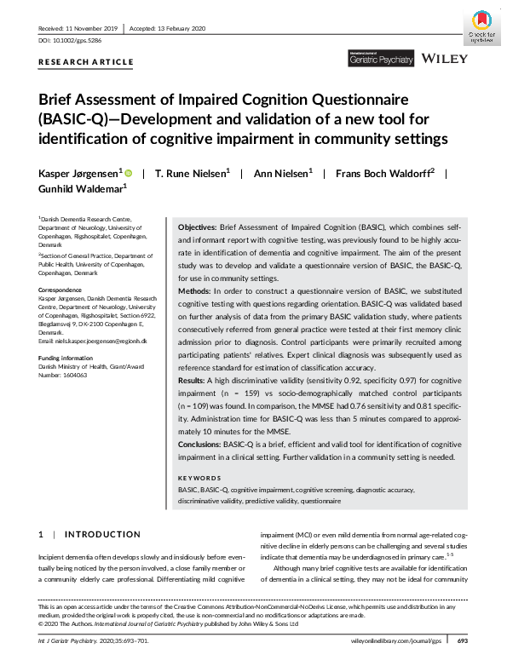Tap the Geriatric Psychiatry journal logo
pyautogui.click(x=381, y=59)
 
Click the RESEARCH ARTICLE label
pyautogui.click(x=86, y=62)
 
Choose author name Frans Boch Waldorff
pyautogui.click(x=383, y=173)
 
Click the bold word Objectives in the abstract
pyautogui.click(x=201, y=230)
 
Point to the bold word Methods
pyautogui.click(x=197, y=314)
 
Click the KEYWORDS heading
pyautogui.click(x=200, y=479)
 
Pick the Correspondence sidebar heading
pyautogui.click(x=62, y=290)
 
